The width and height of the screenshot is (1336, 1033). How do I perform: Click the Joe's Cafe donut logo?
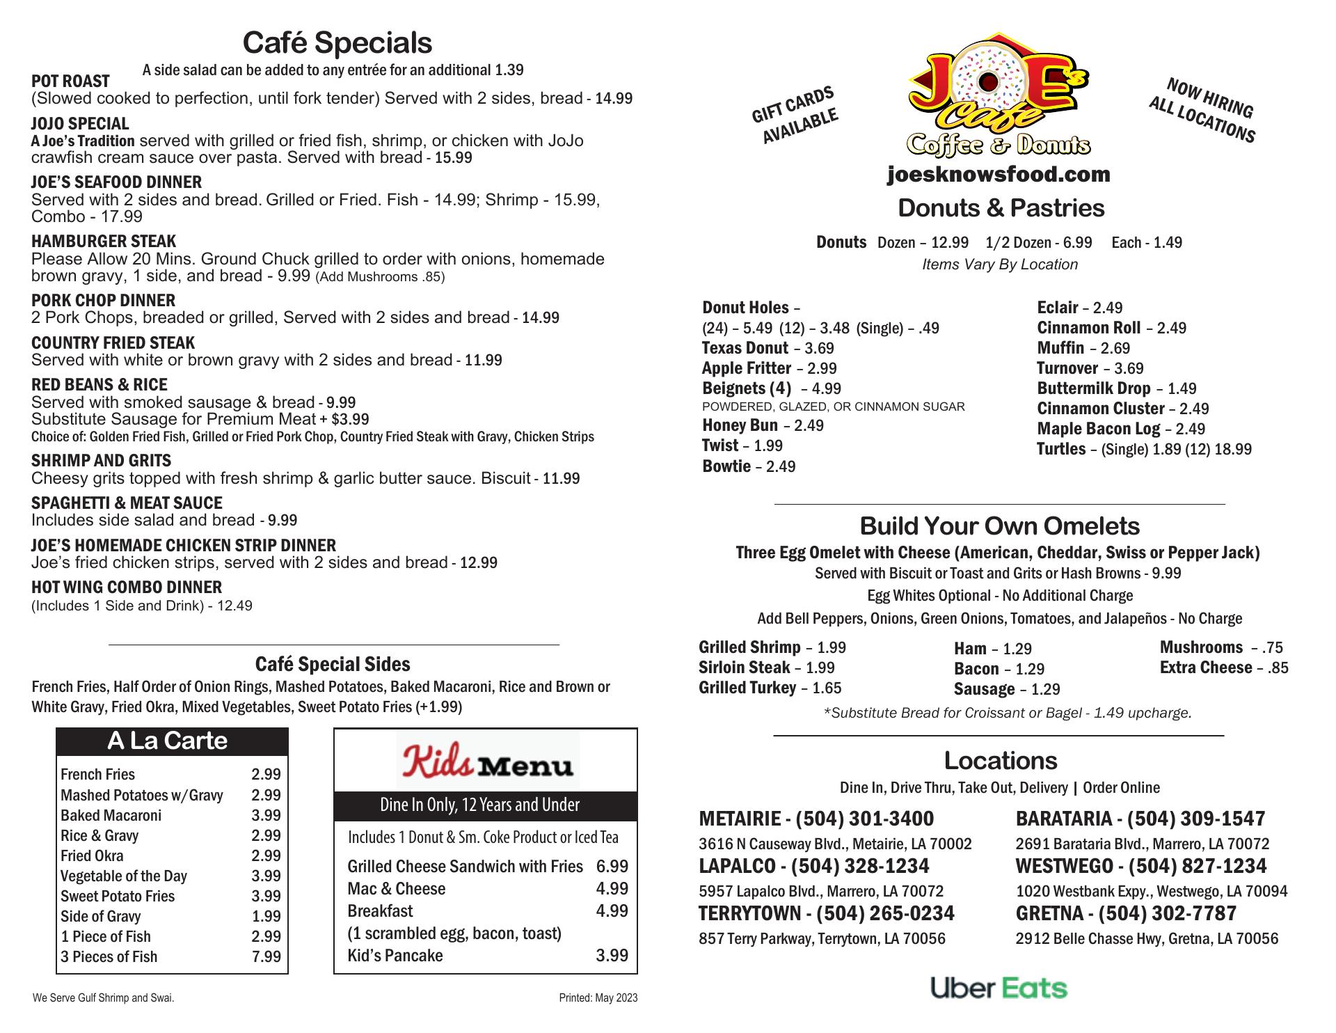(999, 94)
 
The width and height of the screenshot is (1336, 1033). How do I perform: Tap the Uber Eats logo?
(999, 988)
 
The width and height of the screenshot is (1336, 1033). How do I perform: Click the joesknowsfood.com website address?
(999, 174)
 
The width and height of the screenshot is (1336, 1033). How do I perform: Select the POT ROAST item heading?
(70, 81)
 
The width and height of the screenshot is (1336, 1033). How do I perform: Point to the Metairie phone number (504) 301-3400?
(864, 819)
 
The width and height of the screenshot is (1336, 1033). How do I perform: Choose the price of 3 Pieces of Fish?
(267, 956)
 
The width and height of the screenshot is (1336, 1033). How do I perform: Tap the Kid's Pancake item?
(395, 955)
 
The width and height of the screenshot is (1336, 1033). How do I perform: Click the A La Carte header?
(168, 741)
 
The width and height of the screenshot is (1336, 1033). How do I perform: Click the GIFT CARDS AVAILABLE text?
(795, 116)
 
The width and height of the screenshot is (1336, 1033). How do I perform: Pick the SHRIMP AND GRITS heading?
(101, 461)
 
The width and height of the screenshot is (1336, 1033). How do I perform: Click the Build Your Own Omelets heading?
(999, 526)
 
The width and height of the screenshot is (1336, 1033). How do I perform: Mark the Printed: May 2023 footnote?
(598, 998)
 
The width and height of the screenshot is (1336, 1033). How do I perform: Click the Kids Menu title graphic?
(487, 759)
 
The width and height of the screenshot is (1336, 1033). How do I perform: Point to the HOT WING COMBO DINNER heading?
(127, 587)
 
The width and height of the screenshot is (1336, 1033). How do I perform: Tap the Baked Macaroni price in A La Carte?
(267, 815)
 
